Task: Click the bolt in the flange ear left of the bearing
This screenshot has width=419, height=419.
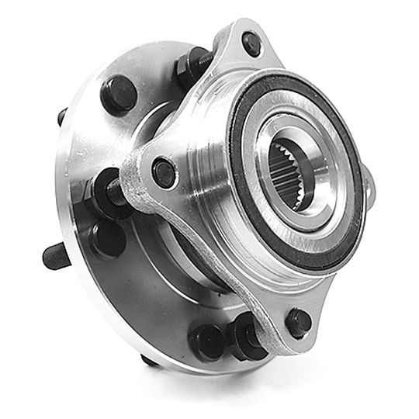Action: tap(163, 171)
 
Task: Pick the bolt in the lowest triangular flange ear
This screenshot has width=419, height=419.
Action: tap(298, 320)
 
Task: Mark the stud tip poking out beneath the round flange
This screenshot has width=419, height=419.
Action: tap(147, 359)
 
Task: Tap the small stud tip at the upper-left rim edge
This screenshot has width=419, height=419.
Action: tap(62, 117)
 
